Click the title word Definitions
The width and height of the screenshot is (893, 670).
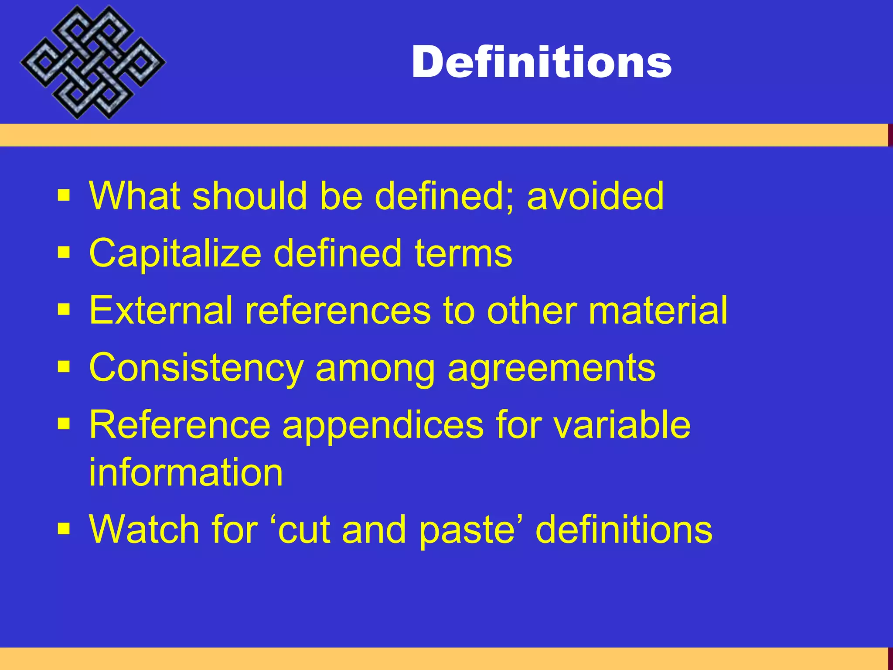point(542,62)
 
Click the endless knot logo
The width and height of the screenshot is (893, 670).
point(92,62)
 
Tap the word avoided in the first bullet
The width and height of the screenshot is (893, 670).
point(595,196)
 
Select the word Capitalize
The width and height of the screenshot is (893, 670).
point(175,253)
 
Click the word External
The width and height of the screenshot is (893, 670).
point(160,310)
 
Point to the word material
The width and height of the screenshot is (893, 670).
point(658,310)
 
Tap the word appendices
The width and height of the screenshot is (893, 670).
point(383,425)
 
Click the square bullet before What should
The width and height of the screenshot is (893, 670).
point(64,195)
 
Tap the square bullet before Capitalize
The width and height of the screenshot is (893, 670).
point(64,253)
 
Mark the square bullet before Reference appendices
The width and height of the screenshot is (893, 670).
point(64,424)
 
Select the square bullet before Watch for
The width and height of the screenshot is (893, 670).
point(64,529)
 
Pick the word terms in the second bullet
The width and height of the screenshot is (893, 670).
point(463,253)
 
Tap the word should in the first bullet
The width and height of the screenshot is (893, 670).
point(249,196)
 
